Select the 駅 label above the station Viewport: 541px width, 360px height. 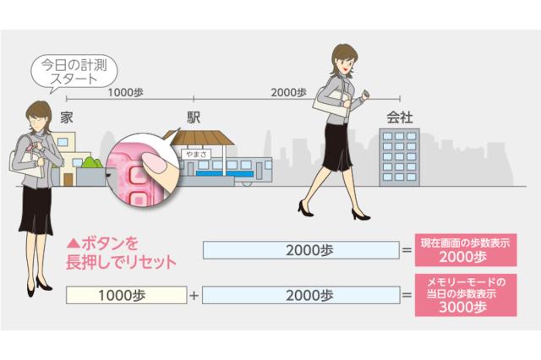[x=194, y=117]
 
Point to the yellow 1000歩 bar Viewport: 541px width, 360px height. [x=126, y=296]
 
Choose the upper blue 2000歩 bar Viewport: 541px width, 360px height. [x=300, y=250]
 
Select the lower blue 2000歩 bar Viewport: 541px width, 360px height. [x=300, y=296]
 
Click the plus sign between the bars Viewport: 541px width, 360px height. [x=194, y=296]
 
